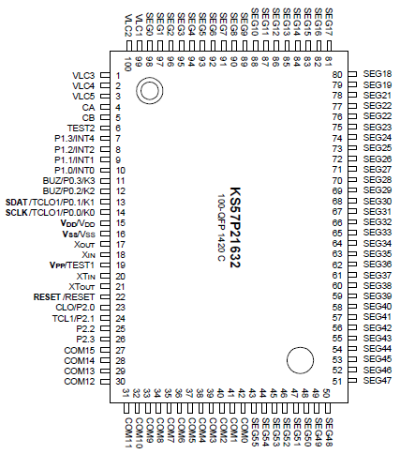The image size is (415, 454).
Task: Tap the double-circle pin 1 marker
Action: (148, 91)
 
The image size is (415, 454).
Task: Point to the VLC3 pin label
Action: (83, 75)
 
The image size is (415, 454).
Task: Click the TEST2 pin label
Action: (82, 128)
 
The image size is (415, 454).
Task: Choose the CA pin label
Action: (90, 107)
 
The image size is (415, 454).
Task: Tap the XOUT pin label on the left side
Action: (85, 244)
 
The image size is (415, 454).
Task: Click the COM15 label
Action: (80, 350)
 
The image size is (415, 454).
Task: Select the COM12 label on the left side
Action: (80, 382)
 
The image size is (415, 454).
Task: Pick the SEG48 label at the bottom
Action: (329, 430)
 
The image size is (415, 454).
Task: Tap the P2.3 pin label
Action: (85, 339)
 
